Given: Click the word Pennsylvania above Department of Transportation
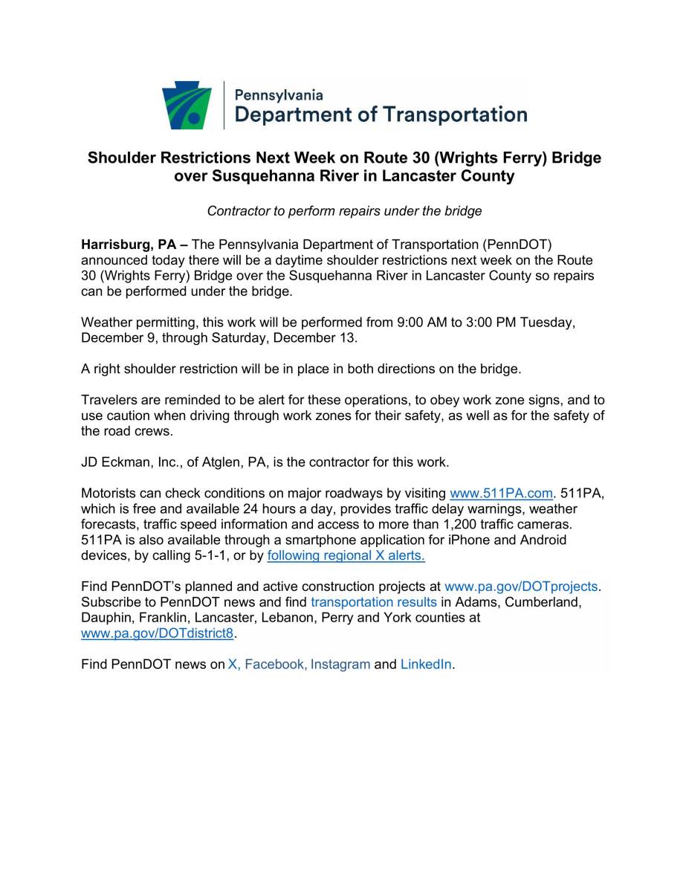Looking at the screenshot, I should pyautogui.click(x=279, y=95).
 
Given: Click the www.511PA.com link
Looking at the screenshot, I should pyautogui.click(x=502, y=493).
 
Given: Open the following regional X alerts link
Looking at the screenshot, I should pyautogui.click(x=346, y=555).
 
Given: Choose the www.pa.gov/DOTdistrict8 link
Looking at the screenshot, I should pyautogui.click(x=158, y=633).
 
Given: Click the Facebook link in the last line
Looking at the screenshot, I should pyautogui.click(x=274, y=665).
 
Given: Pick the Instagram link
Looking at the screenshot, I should pyautogui.click(x=340, y=665).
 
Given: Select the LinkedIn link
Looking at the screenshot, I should pyautogui.click(x=426, y=665).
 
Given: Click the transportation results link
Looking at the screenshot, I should pyautogui.click(x=374, y=602).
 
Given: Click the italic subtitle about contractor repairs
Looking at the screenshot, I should pyautogui.click(x=344, y=211).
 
